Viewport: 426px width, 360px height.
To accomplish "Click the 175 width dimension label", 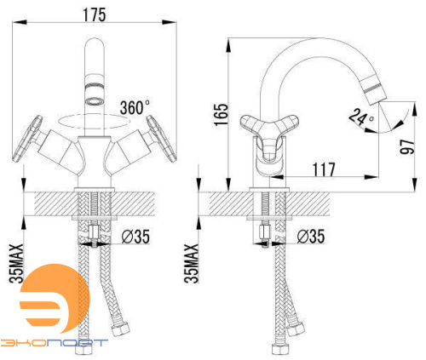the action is tap(94, 14).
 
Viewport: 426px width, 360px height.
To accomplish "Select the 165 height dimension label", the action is tap(221, 115).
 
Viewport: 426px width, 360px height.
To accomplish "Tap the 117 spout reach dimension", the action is tap(324, 169).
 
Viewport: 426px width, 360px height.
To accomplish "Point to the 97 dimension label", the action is tap(407, 146).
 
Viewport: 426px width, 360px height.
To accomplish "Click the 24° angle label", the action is tap(361, 117).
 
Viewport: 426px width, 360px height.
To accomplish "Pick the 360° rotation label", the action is tap(135, 107).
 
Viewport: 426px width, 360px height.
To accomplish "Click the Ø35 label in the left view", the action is tap(135, 237).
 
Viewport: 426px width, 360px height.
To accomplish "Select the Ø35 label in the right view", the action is tap(311, 237).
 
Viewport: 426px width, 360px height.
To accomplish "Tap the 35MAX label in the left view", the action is tap(16, 264).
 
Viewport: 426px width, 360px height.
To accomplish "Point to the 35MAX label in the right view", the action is tap(192, 264).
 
